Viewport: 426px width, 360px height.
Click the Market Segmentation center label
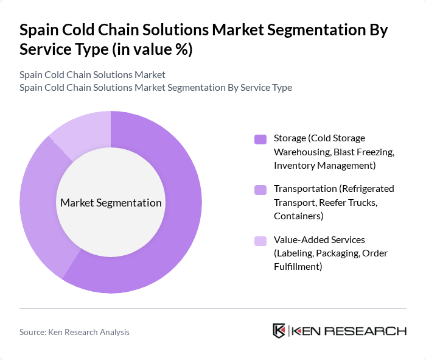[111, 203]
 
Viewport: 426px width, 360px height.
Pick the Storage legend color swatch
[260, 139]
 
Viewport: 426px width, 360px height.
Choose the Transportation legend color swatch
[260, 189]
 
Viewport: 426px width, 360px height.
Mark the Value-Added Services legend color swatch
[260, 241]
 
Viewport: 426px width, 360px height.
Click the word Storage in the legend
[290, 138]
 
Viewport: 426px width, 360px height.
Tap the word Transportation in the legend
[306, 189]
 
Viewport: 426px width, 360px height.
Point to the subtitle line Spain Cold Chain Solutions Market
[93, 75]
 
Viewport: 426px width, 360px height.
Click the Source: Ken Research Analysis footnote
[74, 332]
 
